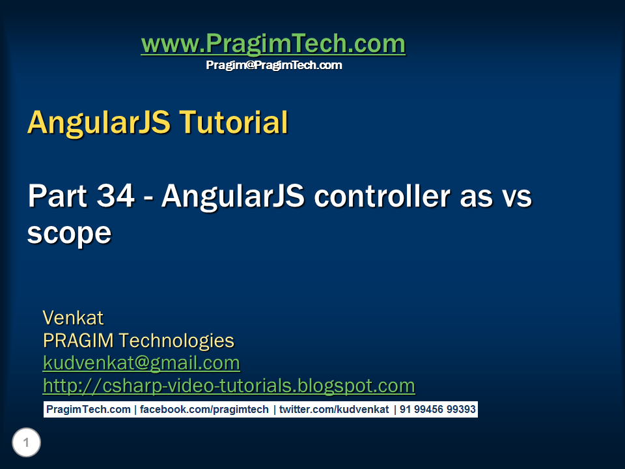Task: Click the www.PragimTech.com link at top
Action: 273,44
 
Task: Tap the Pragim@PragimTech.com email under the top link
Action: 273,65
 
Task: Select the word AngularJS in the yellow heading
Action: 97,122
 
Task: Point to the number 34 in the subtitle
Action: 120,196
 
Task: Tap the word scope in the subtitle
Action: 69,233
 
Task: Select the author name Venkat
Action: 73,318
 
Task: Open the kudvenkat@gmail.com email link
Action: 141,363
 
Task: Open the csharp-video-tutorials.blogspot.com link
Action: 229,386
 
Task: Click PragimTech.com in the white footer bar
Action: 88,410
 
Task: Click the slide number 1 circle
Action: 26,444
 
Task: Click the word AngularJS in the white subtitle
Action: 232,196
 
